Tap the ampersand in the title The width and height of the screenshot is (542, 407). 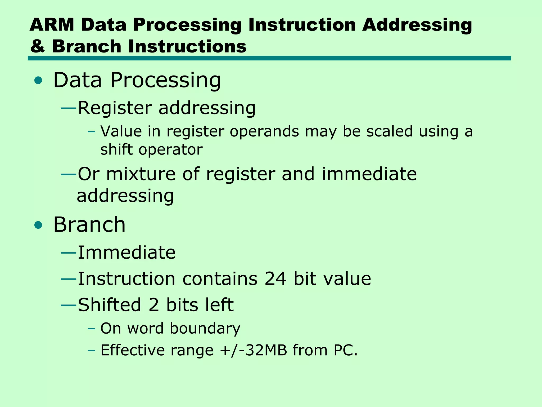37,46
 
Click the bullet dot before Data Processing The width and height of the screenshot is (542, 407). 38,81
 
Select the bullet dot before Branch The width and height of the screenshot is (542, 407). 38,225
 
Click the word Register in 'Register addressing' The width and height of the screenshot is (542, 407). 115,108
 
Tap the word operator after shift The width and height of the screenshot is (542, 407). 170,150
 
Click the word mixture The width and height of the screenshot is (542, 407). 141,174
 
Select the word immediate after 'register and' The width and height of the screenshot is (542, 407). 369,174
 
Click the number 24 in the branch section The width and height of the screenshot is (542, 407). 275,279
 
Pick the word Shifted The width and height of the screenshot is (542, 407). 110,305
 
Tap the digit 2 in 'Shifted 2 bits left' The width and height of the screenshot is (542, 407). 154,305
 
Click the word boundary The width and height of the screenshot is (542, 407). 205,329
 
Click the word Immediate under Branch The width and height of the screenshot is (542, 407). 127,252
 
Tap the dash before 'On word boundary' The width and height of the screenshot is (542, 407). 91,329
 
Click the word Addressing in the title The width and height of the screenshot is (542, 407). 417,25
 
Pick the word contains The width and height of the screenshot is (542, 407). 220,279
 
